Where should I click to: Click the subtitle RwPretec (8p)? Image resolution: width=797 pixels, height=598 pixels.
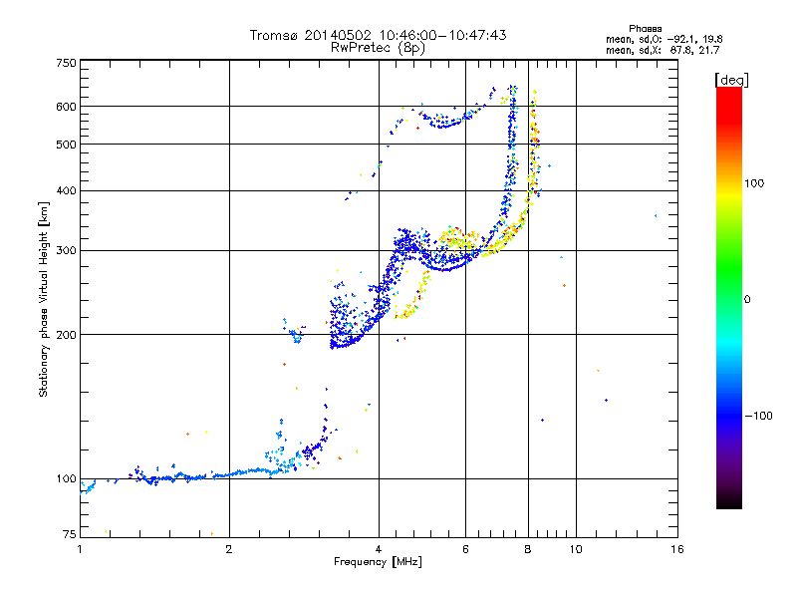pyautogui.click(x=378, y=48)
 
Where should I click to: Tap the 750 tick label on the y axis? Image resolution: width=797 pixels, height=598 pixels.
pyautogui.click(x=66, y=63)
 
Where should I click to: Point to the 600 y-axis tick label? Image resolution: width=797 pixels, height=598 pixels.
pyautogui.click(x=66, y=107)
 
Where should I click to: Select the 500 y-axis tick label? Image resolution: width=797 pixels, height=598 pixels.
pyautogui.click(x=66, y=145)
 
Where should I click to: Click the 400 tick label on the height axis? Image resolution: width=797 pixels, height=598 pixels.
pyautogui.click(x=66, y=190)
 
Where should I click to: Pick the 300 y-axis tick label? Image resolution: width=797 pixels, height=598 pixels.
pyautogui.click(x=66, y=250)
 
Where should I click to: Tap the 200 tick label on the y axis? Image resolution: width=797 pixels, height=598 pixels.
pyautogui.click(x=66, y=335)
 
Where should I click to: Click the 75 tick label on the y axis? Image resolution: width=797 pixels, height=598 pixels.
pyautogui.click(x=69, y=534)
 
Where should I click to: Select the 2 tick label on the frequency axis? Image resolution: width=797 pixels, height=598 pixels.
pyautogui.click(x=229, y=549)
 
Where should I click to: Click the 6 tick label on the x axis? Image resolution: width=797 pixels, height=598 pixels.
pyautogui.click(x=465, y=549)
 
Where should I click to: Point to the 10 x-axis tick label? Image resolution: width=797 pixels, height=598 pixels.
pyautogui.click(x=576, y=549)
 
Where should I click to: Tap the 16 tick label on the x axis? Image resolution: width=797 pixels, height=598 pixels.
pyautogui.click(x=677, y=549)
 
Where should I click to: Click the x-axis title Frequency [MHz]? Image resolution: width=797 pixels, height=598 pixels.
pyautogui.click(x=378, y=562)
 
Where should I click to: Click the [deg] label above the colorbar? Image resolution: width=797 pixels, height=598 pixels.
pyautogui.click(x=731, y=80)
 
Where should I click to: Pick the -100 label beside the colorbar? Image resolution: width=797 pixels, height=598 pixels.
pyautogui.click(x=758, y=416)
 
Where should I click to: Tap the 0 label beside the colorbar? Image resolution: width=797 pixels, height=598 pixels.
pyautogui.click(x=747, y=300)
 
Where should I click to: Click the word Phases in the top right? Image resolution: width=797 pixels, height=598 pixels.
pyautogui.click(x=645, y=29)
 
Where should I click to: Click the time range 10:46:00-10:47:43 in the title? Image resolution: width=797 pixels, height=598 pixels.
pyautogui.click(x=442, y=35)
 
